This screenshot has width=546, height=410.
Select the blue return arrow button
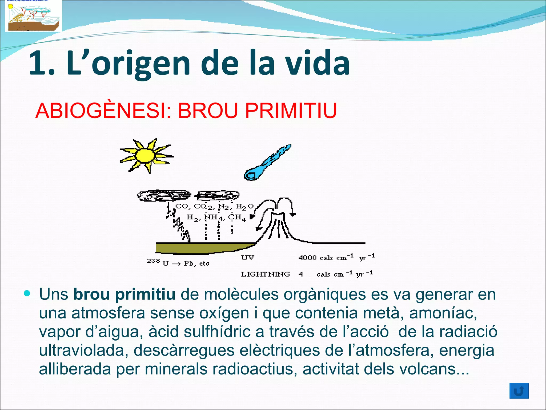click(519, 391)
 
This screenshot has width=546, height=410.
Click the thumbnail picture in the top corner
click(33, 16)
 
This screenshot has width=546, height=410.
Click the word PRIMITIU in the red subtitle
click(291, 111)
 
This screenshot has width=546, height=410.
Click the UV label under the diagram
click(248, 258)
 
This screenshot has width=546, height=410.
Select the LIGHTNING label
click(265, 274)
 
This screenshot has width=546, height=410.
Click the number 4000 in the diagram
click(307, 258)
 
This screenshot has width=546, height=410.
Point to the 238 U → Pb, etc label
click(178, 262)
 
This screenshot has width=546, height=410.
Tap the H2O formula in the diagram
click(244, 207)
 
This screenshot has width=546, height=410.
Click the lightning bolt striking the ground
click(179, 224)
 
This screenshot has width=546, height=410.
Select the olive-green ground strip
click(203, 248)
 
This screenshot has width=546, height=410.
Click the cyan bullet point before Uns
click(27, 294)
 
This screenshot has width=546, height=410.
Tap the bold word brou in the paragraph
click(91, 294)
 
